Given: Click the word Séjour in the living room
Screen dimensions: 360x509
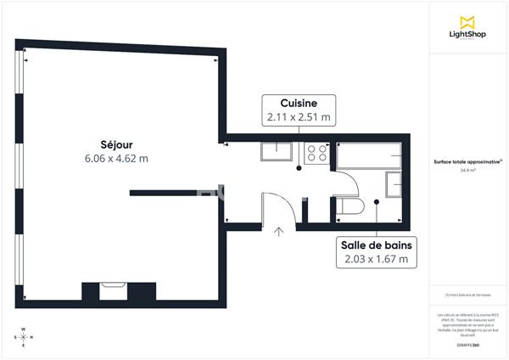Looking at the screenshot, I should (x=115, y=144).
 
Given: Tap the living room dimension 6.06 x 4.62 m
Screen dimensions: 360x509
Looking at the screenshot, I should (x=115, y=158).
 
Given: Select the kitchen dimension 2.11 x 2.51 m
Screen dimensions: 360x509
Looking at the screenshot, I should (x=299, y=117).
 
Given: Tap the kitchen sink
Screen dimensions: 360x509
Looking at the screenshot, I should (x=276, y=152).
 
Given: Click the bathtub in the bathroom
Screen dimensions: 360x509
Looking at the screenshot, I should (x=369, y=155).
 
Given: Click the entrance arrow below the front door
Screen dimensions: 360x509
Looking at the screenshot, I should (x=278, y=231).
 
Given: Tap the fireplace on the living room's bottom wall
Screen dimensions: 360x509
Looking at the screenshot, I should (x=112, y=290).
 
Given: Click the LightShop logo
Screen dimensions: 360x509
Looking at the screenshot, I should (x=467, y=27).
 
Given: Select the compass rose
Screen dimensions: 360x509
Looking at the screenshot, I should (x=24, y=337).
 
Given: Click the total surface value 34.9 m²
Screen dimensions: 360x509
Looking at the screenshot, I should (x=467, y=171).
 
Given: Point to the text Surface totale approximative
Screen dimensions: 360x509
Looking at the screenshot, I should (x=466, y=162).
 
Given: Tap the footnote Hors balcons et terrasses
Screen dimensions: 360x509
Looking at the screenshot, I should (x=467, y=295).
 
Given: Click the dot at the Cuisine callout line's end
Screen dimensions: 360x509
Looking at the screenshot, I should (x=299, y=169).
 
